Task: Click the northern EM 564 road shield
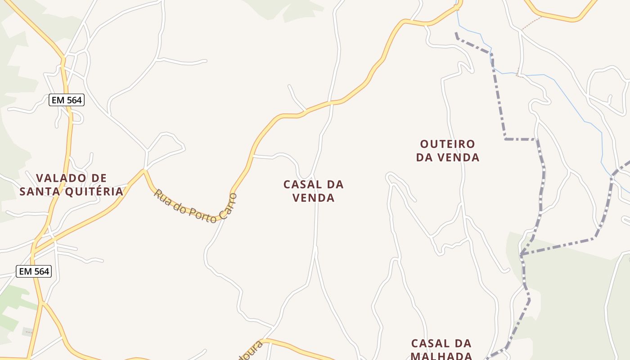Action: coord(67,100)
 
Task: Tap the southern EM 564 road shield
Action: coord(34,271)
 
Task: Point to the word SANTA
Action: coord(40,192)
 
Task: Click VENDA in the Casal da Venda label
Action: coord(314,198)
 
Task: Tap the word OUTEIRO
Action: coord(447,144)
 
